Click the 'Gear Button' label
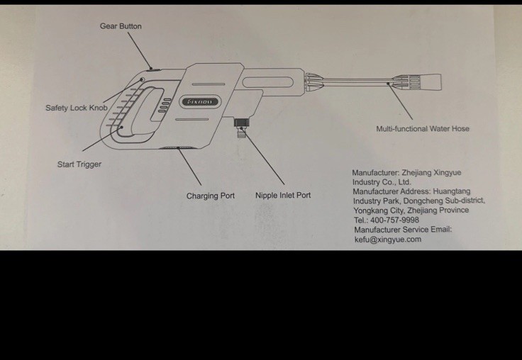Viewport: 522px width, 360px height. [x=121, y=26]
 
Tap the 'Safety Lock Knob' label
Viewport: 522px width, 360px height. [x=77, y=108]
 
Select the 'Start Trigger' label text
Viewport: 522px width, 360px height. [x=79, y=164]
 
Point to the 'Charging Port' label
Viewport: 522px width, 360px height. [x=211, y=196]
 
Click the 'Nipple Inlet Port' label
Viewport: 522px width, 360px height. [x=283, y=196]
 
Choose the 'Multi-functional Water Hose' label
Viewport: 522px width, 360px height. [x=423, y=129]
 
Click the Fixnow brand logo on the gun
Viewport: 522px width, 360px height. [x=199, y=102]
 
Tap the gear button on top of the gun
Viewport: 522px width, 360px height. [x=153, y=69]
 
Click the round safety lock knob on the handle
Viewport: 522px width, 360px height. [x=142, y=79]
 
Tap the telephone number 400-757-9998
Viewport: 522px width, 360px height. [x=394, y=220]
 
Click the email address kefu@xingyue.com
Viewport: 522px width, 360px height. [x=388, y=240]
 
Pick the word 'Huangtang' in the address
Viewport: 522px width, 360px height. [x=451, y=191]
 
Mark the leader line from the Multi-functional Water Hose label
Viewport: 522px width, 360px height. [x=400, y=101]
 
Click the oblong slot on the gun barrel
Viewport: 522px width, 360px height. [x=267, y=82]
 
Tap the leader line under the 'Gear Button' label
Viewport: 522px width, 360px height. [x=140, y=50]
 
